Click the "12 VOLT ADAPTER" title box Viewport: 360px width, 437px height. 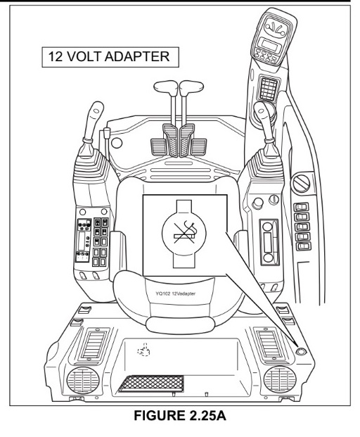[110, 57]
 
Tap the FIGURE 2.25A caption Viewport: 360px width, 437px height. [180, 416]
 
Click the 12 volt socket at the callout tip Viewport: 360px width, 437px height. [300, 351]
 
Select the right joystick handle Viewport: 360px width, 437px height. [264, 120]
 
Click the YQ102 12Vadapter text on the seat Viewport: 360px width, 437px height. [175, 293]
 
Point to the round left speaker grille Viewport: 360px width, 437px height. [83, 380]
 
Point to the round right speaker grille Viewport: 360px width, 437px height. [280, 379]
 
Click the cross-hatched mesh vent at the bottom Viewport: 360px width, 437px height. [152, 384]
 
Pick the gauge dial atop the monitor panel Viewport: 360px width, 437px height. [275, 27]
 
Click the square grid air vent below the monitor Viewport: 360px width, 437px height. [269, 89]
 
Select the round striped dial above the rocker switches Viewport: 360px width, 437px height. [302, 184]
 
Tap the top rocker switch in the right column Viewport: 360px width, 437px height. [301, 207]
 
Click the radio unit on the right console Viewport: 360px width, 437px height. [269, 242]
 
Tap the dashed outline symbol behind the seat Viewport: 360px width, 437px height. [143, 350]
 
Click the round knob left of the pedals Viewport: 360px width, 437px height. [117, 143]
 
